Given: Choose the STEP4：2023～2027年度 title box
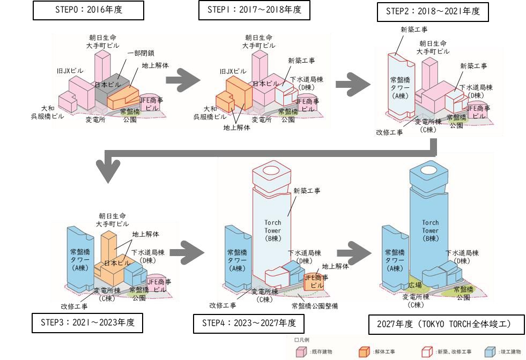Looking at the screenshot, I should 248,324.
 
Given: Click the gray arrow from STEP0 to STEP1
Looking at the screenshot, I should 182,80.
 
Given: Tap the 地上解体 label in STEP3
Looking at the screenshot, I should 145,234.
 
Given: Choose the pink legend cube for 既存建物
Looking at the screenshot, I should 301,351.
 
